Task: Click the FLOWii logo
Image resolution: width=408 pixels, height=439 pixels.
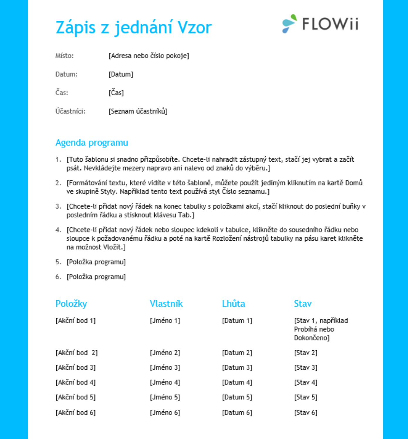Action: [x=320, y=24]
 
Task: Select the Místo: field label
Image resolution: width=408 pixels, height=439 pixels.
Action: [x=65, y=56]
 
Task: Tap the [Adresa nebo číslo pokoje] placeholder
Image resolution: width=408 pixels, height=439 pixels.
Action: [x=149, y=56]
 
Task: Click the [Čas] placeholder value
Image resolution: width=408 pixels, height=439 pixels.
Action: [x=116, y=93]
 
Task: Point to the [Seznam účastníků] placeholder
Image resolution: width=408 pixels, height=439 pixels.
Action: [x=138, y=111]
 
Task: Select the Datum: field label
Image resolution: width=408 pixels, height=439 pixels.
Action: [x=66, y=74]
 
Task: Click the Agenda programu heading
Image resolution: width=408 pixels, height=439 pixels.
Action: [x=92, y=143]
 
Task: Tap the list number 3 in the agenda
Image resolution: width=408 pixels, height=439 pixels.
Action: [x=58, y=206]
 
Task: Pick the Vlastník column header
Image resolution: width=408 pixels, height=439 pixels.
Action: [x=166, y=304]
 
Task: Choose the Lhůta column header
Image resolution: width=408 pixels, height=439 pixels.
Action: [x=233, y=304]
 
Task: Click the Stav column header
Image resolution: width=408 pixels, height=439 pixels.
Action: [x=303, y=304]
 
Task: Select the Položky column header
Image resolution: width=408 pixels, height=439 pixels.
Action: [x=71, y=304]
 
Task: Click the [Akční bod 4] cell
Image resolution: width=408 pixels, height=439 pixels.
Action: [x=75, y=382]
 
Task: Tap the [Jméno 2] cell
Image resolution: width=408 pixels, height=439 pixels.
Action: [x=165, y=353]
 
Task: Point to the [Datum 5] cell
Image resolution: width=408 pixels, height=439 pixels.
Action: [x=237, y=397]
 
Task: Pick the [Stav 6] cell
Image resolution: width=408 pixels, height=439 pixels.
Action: [x=306, y=413]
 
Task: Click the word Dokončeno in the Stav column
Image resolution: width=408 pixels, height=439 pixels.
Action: [x=311, y=338]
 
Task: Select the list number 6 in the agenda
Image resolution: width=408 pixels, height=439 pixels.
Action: [x=58, y=277]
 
